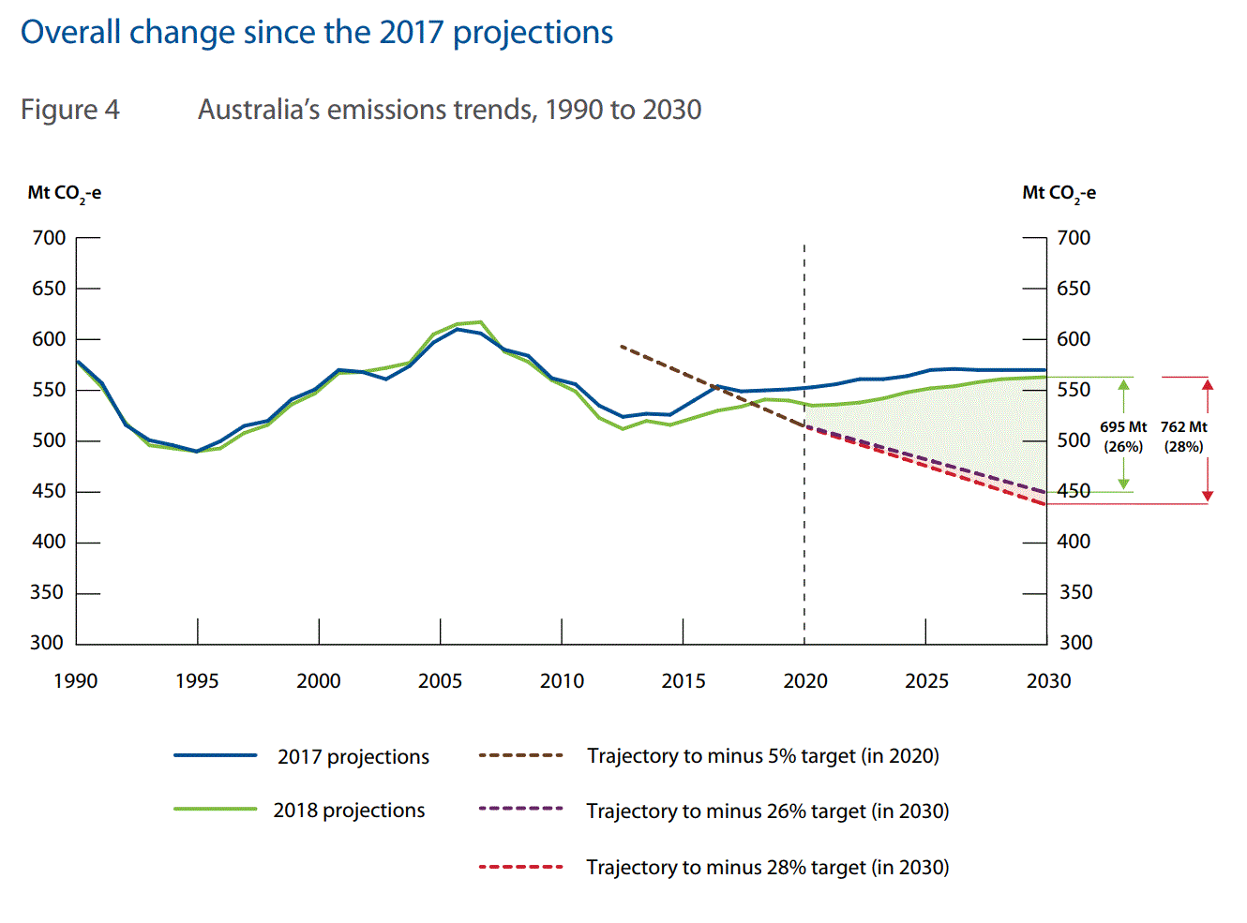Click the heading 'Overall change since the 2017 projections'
(317, 33)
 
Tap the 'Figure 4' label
(70, 110)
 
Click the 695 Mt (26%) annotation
(1123, 437)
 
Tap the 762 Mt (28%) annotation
(1183, 437)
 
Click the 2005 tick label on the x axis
(440, 681)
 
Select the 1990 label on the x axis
(76, 681)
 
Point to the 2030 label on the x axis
(1048, 681)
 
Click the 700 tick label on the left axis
(49, 238)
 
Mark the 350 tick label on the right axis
(1075, 592)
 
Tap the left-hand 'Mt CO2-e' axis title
(64, 193)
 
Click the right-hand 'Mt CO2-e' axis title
(1059, 193)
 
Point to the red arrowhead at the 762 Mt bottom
(1208, 496)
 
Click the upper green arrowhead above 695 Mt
(1124, 384)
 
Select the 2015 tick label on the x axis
(684, 681)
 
